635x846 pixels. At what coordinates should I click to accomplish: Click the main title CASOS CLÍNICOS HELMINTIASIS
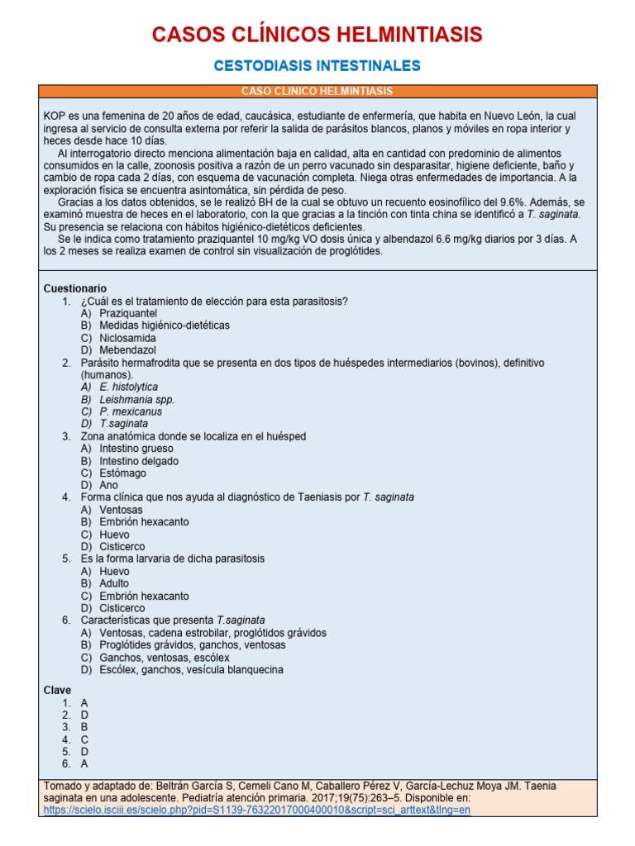pos(317,35)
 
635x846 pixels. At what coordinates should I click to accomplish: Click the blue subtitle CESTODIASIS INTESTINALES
pos(317,65)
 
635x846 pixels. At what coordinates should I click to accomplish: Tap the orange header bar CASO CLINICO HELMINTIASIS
pos(317,91)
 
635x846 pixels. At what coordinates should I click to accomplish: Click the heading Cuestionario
pos(74,288)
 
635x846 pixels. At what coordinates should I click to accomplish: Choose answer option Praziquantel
pos(128,313)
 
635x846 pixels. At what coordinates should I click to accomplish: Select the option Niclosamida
pos(127,338)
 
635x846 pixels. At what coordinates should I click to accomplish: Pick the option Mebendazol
pos(127,350)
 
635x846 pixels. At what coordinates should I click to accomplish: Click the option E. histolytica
pos(128,387)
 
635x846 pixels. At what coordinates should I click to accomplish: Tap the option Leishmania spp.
pos(137,399)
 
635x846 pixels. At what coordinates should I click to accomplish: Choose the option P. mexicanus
pos(131,411)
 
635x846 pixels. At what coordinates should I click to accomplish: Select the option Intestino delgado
pos(139,461)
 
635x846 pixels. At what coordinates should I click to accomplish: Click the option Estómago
pos(122,473)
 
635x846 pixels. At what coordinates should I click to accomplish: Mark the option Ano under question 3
pos(109,485)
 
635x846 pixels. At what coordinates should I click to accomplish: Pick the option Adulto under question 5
pos(114,583)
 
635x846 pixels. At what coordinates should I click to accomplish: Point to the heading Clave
pos(57,690)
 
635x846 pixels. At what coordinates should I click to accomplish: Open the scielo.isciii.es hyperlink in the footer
pos(256,810)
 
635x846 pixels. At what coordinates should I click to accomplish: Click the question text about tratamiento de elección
pos(213,301)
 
